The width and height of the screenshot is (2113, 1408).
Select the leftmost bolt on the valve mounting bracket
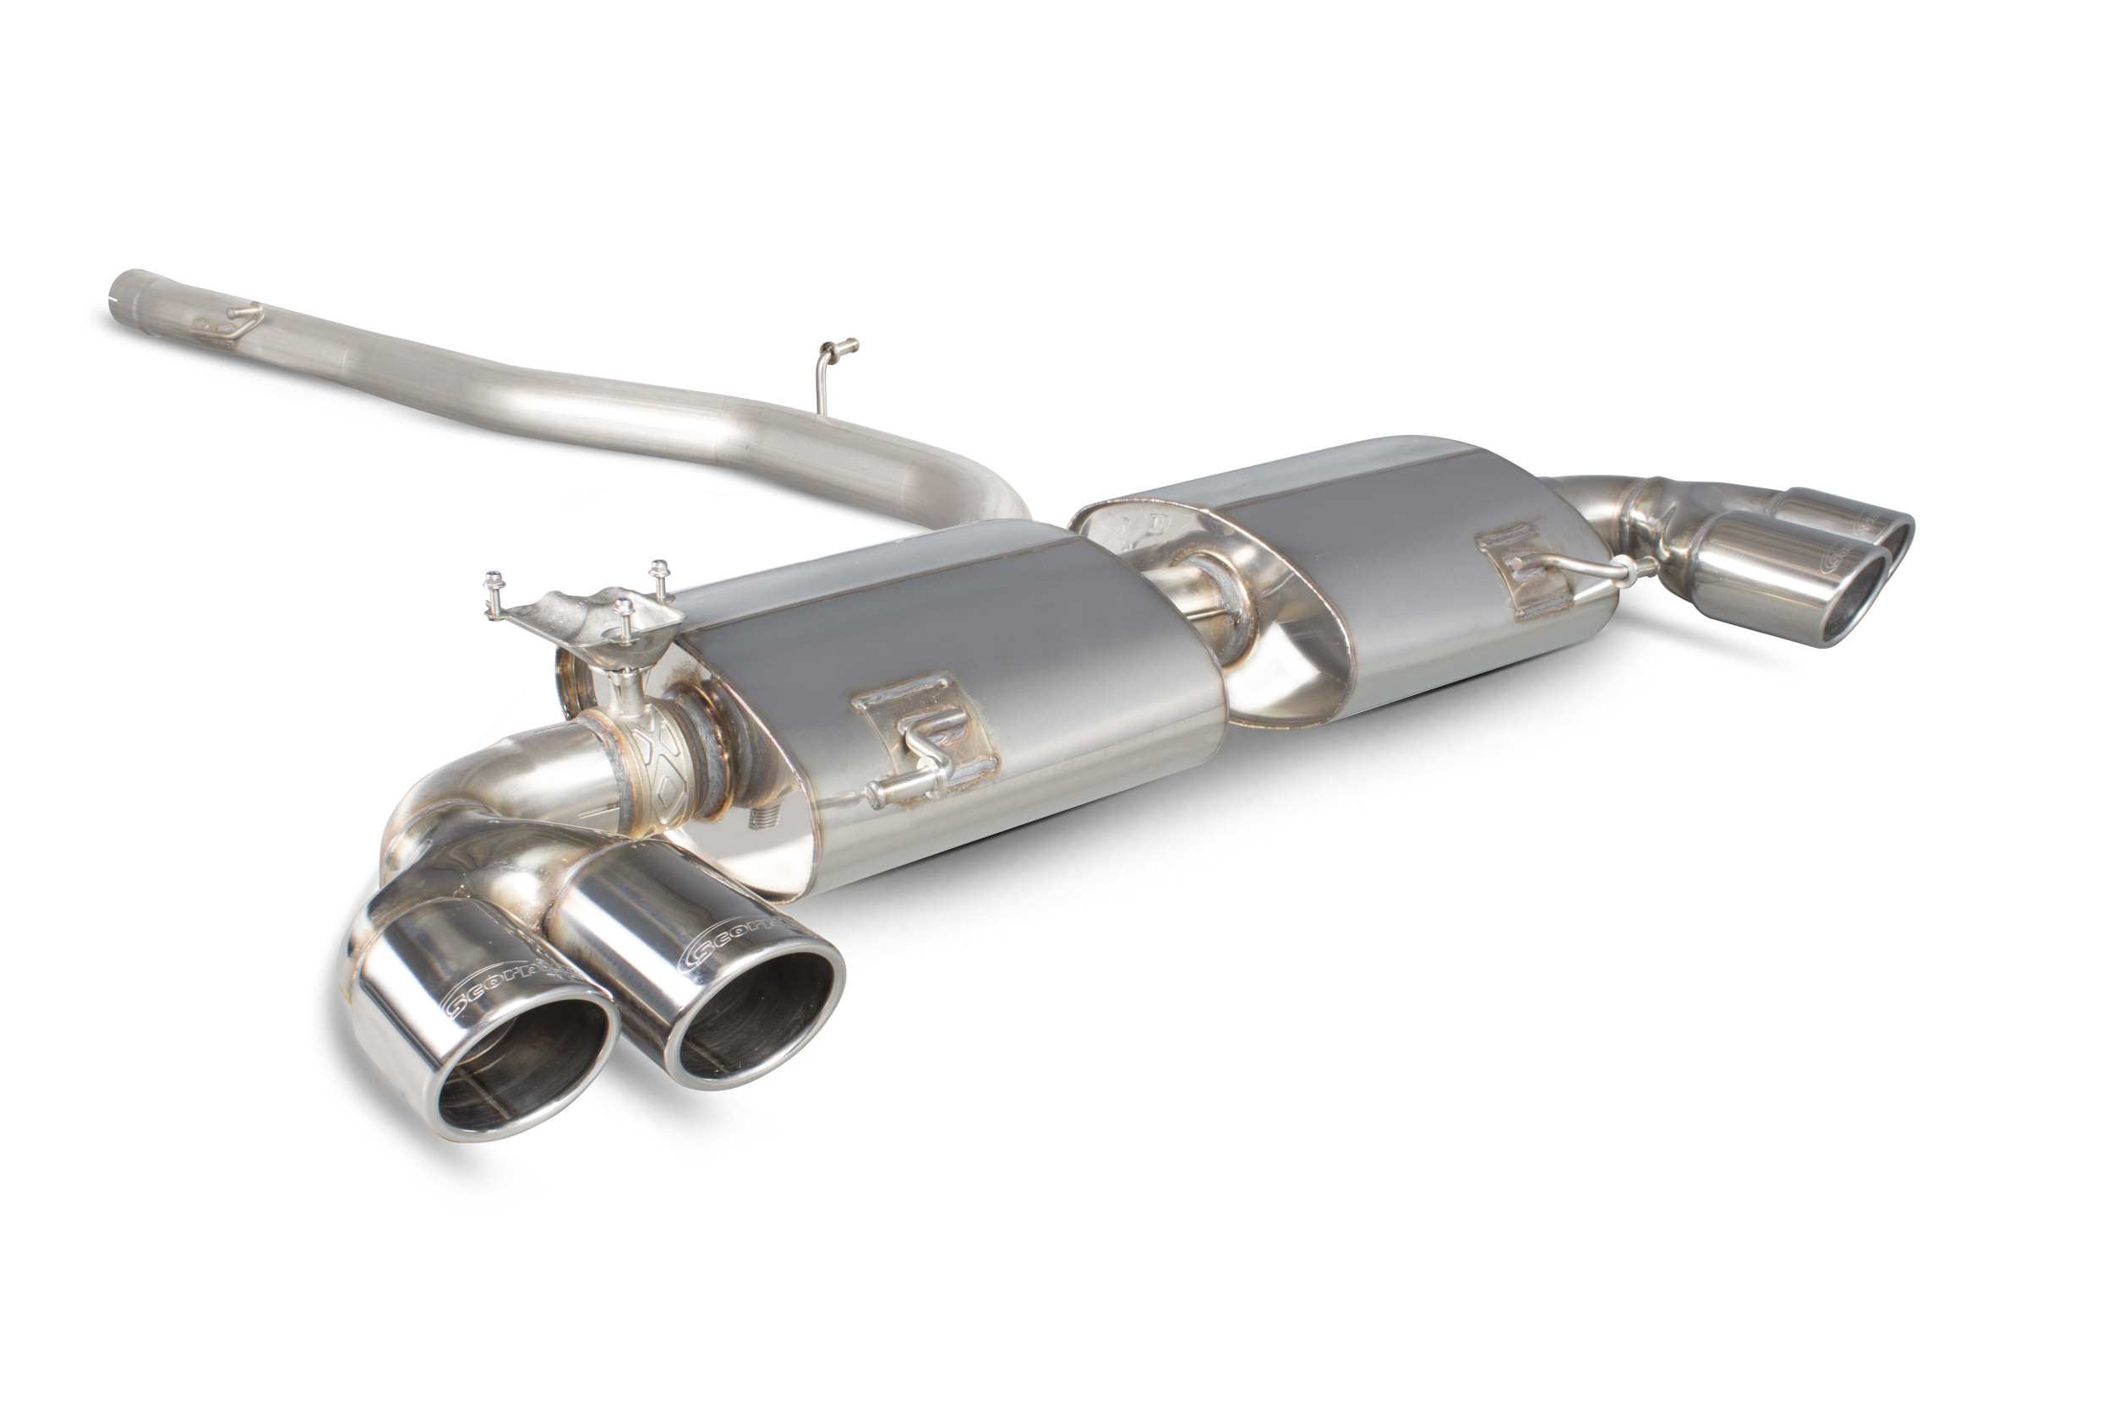point(492,582)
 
